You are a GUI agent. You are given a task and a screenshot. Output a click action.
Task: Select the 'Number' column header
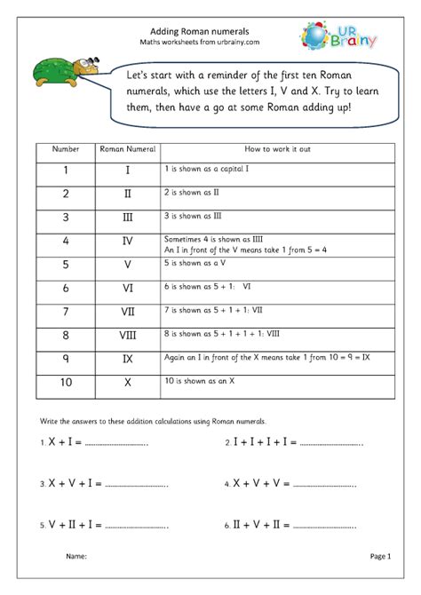pos(67,150)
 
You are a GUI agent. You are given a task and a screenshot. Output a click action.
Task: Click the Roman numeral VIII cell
pos(128,336)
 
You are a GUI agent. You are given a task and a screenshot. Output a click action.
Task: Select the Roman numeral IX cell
pos(128,361)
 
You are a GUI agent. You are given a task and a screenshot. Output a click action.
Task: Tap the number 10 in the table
pos(67,384)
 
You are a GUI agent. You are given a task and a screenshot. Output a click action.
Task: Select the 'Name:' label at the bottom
pos(77,557)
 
